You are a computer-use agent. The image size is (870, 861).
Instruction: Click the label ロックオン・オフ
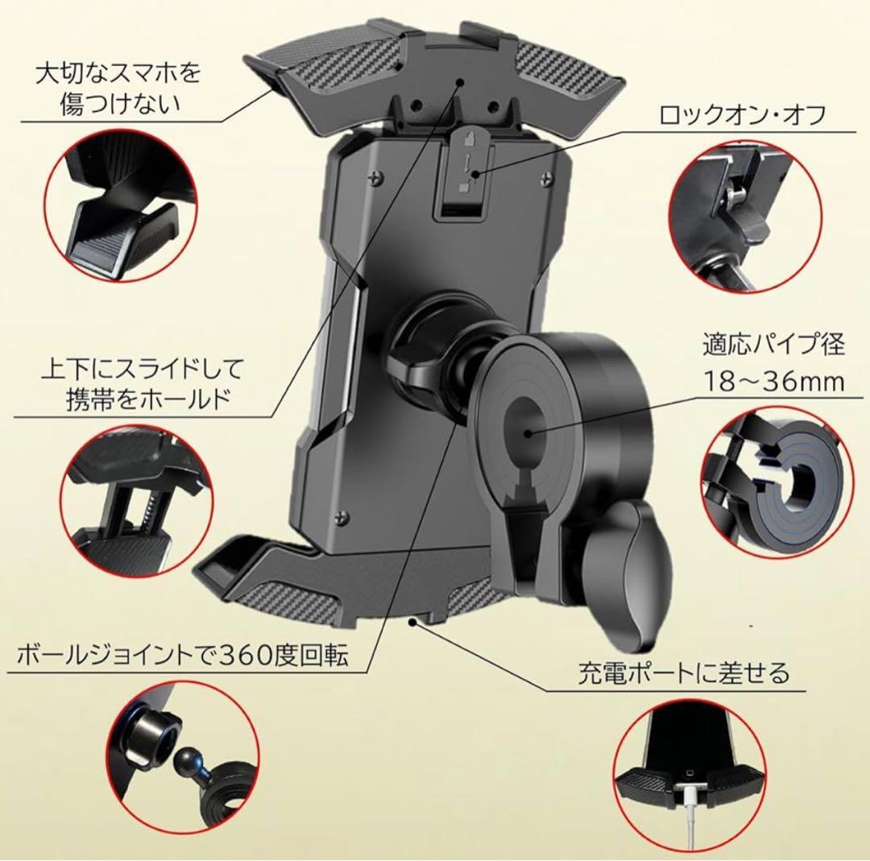pyautogui.click(x=743, y=114)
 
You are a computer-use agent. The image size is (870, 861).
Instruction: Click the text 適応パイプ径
pyautogui.click(x=771, y=346)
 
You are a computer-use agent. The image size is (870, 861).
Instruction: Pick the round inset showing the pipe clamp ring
pyautogui.click(x=772, y=483)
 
